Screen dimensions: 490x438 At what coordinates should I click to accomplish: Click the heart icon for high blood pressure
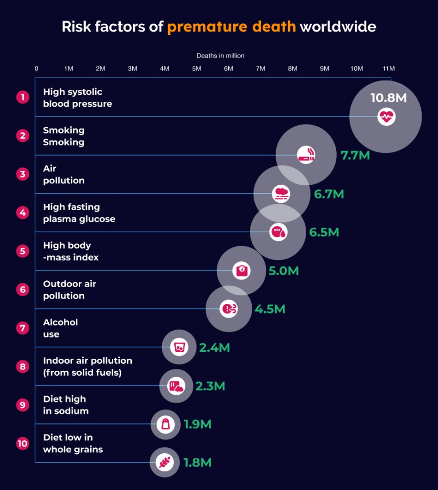pos(386,116)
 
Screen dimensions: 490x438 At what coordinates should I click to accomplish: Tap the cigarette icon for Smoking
pos(306,155)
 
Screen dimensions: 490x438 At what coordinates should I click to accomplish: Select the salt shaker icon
pos(165,424)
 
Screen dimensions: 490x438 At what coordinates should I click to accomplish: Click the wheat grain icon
pos(165,462)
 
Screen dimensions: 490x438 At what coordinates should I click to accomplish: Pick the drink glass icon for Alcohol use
pos(179,347)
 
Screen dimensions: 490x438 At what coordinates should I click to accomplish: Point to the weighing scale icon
pos(241,270)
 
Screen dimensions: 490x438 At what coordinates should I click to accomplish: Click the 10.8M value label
pos(388,98)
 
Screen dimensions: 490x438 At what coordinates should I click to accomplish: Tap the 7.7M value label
pos(355,156)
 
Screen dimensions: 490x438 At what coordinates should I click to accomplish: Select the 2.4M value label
pos(214,348)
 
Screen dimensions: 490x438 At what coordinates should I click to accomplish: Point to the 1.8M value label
pos(197,463)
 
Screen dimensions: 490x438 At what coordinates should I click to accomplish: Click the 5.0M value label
pos(283,271)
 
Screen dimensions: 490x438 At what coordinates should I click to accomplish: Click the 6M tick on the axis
pos(228,68)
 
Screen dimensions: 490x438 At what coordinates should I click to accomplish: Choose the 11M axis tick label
pos(388,68)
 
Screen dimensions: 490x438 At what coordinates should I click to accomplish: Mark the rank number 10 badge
pos(22,444)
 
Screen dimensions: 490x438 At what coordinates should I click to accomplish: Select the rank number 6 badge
pos(22,290)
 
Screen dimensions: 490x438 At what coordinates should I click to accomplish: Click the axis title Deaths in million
pos(220,56)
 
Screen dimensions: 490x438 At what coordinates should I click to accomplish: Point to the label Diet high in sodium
pos(65,405)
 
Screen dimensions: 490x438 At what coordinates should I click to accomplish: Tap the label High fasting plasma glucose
pos(79,213)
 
